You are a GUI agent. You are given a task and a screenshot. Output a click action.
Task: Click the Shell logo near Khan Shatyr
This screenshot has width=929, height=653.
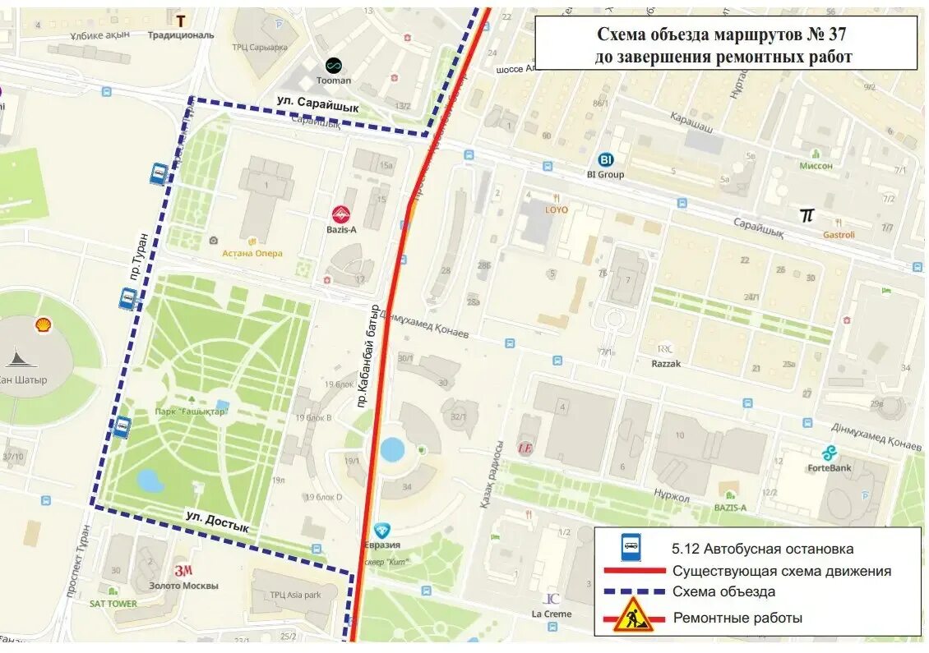(43, 325)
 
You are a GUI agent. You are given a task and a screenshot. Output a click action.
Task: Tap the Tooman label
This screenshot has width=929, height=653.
(334, 80)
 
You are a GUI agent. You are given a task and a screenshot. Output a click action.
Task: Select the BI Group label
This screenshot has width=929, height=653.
(605, 174)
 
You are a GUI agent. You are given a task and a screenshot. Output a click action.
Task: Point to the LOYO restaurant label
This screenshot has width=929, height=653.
(557, 209)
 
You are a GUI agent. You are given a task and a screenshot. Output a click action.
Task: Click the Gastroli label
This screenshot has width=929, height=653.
(839, 234)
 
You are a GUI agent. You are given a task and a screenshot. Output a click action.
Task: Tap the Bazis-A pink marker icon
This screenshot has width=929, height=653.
(340, 214)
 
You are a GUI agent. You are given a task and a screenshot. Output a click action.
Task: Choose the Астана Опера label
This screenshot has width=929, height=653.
(252, 253)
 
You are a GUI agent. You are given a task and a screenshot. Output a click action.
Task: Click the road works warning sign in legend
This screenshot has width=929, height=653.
(633, 615)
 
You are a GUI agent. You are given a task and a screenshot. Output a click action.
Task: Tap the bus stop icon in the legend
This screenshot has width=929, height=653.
(631, 546)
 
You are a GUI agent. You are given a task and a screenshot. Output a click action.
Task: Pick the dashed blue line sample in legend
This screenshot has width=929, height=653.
(633, 591)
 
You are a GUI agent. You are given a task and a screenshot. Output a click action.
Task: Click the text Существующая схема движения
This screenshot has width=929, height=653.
(781, 571)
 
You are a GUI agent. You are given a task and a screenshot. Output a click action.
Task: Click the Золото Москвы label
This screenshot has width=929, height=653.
(184, 586)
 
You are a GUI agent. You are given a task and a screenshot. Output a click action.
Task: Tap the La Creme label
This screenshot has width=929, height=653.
(551, 614)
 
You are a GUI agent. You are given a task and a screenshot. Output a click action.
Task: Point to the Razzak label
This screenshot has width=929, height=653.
(666, 363)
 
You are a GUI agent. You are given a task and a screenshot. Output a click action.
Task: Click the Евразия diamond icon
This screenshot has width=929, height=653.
(381, 531)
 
